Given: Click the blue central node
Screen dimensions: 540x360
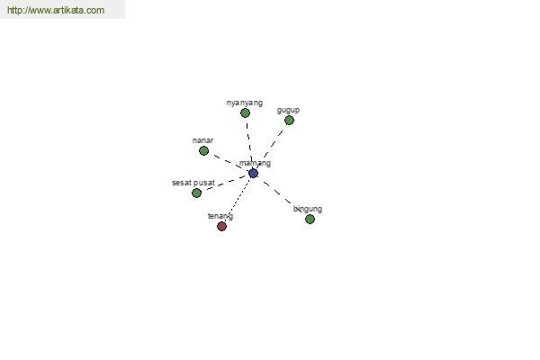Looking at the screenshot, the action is pyautogui.click(x=253, y=174).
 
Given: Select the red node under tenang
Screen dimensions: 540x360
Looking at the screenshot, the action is pyautogui.click(x=221, y=226).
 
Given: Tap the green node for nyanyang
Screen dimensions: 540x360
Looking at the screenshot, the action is pyautogui.click(x=245, y=113).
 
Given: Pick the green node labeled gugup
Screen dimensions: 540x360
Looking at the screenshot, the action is pyautogui.click(x=289, y=121).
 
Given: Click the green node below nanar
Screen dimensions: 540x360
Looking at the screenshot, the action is pyautogui.click(x=204, y=151).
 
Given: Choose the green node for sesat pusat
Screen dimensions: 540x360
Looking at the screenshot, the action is pyautogui.click(x=196, y=193).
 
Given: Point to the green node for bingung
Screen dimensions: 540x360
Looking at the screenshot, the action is pyautogui.click(x=310, y=219).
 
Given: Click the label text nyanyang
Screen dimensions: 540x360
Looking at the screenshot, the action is pyautogui.click(x=245, y=103).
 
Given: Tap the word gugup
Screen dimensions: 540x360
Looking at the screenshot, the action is pyautogui.click(x=288, y=110).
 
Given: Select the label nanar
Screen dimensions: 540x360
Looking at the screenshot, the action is pyautogui.click(x=202, y=140).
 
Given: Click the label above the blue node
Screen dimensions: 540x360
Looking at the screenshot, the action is pyautogui.click(x=255, y=163).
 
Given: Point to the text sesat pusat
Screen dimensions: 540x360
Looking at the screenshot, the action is pyautogui.click(x=193, y=183).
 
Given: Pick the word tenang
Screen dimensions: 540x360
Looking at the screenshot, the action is pyautogui.click(x=220, y=216).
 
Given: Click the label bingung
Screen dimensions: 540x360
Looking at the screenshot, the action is pyautogui.click(x=308, y=209).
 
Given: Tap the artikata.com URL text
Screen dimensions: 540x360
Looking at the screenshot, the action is pyautogui.click(x=56, y=10).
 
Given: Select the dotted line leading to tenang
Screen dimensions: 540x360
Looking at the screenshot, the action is pyautogui.click(x=238, y=200).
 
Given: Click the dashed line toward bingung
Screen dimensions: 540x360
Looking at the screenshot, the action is pyautogui.click(x=277, y=193).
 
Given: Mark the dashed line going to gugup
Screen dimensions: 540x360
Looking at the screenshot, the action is pyautogui.click(x=271, y=147).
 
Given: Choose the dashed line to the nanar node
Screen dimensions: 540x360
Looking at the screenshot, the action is pyautogui.click(x=227, y=162).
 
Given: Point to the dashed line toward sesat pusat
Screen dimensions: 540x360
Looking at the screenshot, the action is pyautogui.click(x=226, y=184).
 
